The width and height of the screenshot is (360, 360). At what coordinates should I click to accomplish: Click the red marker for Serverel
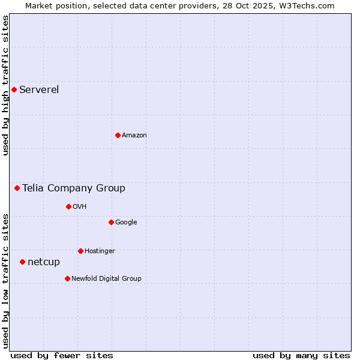point(14,90)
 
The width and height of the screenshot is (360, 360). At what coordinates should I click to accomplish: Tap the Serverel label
point(39,90)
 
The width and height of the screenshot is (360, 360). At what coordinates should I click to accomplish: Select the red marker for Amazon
point(118,135)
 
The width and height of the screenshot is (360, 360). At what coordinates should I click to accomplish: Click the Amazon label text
point(134,136)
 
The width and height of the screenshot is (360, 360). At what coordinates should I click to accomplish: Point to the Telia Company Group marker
point(17,188)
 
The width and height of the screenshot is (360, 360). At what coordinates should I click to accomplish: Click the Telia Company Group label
point(74,188)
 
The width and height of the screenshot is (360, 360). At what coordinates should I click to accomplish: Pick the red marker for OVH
point(68,206)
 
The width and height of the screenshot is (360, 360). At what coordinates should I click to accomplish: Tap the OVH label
point(80,207)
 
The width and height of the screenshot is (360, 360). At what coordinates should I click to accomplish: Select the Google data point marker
point(111,222)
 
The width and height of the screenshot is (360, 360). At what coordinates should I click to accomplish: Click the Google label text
point(126,223)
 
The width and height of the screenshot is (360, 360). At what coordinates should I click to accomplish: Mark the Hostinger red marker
point(80,251)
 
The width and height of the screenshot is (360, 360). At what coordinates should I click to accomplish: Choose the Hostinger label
point(100,251)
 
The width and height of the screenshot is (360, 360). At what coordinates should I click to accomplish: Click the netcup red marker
point(22,262)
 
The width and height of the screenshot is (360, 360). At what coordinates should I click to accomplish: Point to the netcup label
point(44,262)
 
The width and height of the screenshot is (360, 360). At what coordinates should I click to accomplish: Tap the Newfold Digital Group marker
point(67,278)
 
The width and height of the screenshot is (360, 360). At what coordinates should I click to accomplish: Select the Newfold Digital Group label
point(106,279)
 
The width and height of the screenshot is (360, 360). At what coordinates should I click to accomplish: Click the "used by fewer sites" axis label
point(62,356)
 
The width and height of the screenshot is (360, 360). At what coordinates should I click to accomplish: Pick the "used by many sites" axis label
point(301,356)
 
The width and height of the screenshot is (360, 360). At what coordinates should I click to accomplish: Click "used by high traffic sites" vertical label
point(6,85)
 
